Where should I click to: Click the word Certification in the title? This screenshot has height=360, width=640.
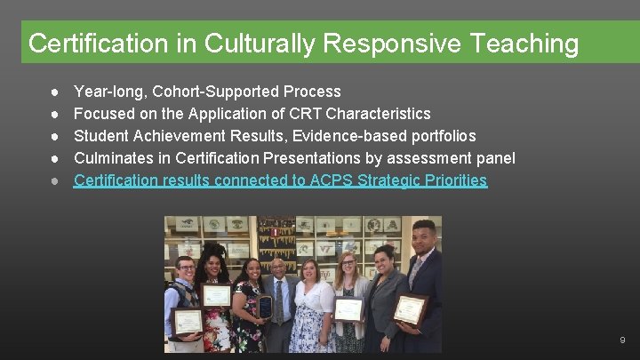(x=81, y=43)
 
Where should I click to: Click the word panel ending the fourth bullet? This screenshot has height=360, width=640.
(x=494, y=158)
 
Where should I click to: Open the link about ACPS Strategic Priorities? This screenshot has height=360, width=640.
(x=280, y=180)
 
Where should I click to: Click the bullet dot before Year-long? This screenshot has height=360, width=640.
(x=55, y=92)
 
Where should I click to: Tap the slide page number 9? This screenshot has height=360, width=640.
(x=622, y=340)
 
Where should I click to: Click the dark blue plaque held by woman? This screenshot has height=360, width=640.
(x=264, y=307)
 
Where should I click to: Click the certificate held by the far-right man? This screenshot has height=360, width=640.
(x=411, y=308)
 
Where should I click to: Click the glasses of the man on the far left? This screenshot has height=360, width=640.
(x=185, y=268)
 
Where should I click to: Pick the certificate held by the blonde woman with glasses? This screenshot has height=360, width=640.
(x=348, y=309)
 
